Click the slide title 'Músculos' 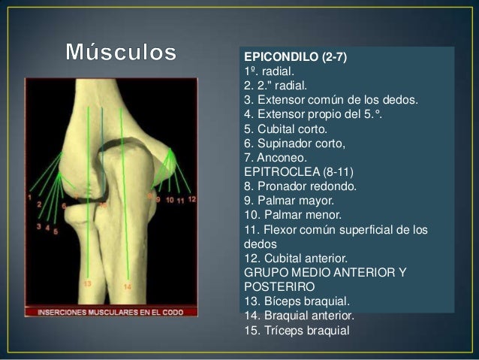click(122, 53)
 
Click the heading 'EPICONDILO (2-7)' click(295, 57)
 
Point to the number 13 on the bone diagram click(88, 284)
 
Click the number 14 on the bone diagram click(128, 286)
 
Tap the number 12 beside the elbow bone click(192, 200)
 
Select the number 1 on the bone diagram click(29, 198)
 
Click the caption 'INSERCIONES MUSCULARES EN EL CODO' click(110, 310)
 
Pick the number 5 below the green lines click(56, 231)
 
